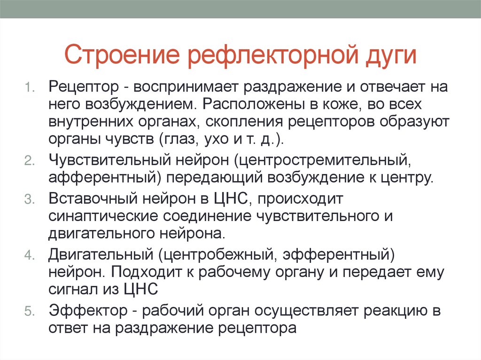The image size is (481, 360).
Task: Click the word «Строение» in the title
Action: pyautogui.click(x=121, y=54)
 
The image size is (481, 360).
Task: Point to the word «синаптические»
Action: pyautogui.click(x=101, y=216)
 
